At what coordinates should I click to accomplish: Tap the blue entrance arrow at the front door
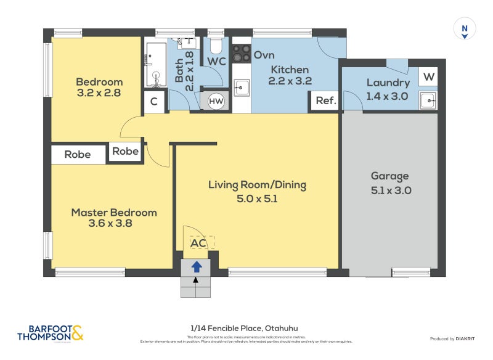(x=197, y=267)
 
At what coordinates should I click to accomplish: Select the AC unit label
(x=198, y=243)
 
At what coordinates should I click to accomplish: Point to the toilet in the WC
(x=216, y=46)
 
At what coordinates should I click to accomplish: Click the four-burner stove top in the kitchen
(x=241, y=52)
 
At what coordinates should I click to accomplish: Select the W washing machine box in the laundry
(x=428, y=77)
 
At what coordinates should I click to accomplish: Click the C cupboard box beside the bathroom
(x=154, y=102)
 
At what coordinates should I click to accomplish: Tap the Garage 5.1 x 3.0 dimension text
(x=391, y=190)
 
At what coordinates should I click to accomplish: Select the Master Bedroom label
(x=114, y=213)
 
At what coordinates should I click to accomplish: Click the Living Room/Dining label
(x=257, y=184)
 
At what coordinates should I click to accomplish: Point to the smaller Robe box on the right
(x=125, y=152)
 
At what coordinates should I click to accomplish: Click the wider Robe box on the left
(x=78, y=155)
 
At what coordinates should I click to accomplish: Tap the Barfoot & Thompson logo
(x=50, y=333)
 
